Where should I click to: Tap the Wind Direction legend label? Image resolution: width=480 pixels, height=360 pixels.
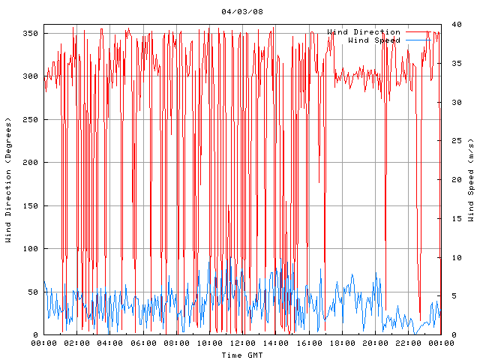point(364,32)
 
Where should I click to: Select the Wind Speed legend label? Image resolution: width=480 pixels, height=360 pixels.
point(374,40)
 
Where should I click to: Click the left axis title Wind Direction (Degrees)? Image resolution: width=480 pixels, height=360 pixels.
point(8,180)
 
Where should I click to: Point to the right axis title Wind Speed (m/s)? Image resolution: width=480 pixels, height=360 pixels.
point(471,180)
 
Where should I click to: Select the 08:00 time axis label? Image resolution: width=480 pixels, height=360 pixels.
point(176,343)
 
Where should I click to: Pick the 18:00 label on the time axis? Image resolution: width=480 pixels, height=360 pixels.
point(341,343)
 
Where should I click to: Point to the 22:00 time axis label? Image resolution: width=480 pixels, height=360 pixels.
point(407,343)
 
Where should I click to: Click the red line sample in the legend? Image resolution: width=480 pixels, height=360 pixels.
point(422,32)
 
